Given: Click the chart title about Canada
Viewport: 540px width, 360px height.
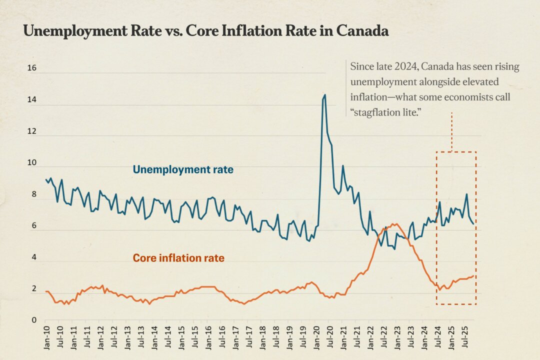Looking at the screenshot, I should tap(205, 31).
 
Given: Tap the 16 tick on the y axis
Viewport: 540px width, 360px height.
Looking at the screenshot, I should tap(31, 68).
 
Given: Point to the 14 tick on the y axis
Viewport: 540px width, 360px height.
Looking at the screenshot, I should tap(31, 100).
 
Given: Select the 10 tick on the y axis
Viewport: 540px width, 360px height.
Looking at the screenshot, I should tap(31, 163).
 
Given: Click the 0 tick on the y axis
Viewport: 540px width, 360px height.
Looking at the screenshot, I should tap(33, 320).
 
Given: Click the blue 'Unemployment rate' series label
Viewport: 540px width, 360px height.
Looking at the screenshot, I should tap(182, 170).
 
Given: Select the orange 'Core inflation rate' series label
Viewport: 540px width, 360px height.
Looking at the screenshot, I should tap(178, 258).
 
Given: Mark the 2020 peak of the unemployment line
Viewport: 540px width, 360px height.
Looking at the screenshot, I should tap(324, 94).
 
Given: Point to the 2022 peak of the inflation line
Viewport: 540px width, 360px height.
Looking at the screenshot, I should tap(393, 224).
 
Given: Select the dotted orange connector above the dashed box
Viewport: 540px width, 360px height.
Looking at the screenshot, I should tap(451, 131).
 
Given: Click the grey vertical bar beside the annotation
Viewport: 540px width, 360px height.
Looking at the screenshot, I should tap(346, 89).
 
